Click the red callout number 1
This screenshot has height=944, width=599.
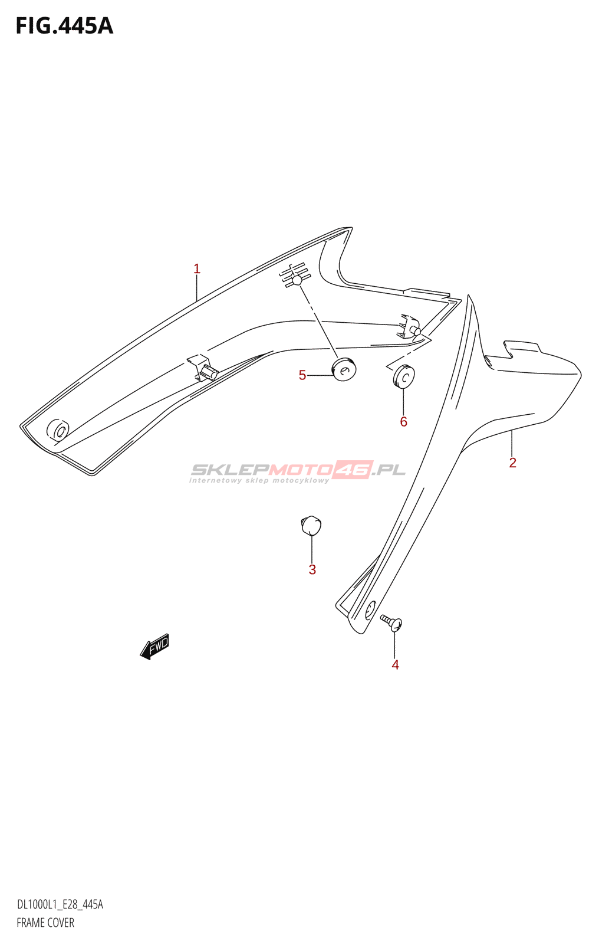[197, 268]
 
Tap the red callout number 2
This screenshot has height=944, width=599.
[512, 463]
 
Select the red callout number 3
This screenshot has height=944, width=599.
[312, 569]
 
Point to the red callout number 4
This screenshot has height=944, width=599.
[395, 664]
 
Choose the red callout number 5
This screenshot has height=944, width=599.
[302, 375]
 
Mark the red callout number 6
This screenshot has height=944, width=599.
[403, 421]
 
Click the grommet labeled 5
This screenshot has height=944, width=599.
[344, 369]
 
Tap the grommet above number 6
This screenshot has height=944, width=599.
[404, 375]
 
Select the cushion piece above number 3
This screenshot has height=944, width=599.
[311, 525]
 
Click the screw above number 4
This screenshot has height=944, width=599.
[391, 622]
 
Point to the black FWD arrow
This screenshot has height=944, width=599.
[154, 646]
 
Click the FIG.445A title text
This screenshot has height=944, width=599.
[64, 26]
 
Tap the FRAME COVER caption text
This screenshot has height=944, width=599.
[45, 923]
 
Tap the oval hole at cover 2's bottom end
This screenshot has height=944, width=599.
[370, 609]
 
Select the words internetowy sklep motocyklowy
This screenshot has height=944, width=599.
[259, 480]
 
